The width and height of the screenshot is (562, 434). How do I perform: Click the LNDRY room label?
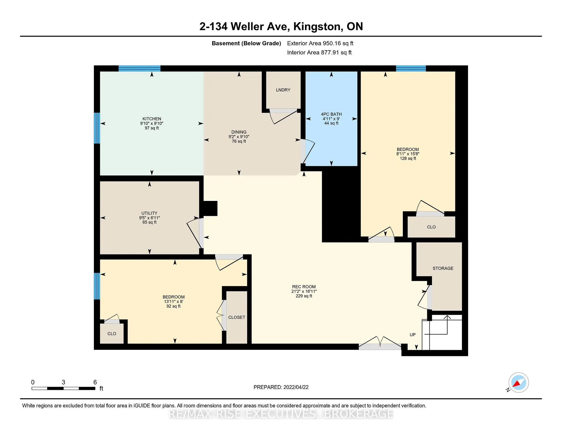(x=283, y=90)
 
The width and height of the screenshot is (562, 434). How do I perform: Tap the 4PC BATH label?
(x=331, y=114)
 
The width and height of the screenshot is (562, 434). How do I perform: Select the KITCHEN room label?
(x=152, y=119)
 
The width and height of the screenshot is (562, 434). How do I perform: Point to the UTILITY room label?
(x=149, y=213)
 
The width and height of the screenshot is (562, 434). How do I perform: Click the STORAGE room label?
(x=443, y=268)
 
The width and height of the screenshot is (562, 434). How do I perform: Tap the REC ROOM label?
(x=304, y=287)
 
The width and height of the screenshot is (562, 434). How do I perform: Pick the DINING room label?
(x=239, y=132)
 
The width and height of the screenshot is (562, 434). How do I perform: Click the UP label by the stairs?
(x=412, y=335)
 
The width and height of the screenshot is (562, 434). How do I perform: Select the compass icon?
(x=518, y=382)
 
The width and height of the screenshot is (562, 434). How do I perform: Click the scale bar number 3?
(x=63, y=382)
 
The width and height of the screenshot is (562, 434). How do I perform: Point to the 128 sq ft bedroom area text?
(x=408, y=159)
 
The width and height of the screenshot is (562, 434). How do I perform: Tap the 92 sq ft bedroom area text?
(x=173, y=306)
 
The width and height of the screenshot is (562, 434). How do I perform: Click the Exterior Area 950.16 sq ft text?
(x=320, y=43)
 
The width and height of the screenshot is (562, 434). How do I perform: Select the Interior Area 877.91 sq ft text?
(x=319, y=52)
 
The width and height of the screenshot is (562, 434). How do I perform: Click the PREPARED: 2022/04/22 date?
(x=281, y=387)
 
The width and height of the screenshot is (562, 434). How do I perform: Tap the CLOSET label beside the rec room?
(x=237, y=317)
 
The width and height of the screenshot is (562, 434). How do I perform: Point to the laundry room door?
(x=283, y=116)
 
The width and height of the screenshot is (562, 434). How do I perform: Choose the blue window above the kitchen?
(x=139, y=68)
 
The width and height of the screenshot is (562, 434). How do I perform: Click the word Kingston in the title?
(x=318, y=27)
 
